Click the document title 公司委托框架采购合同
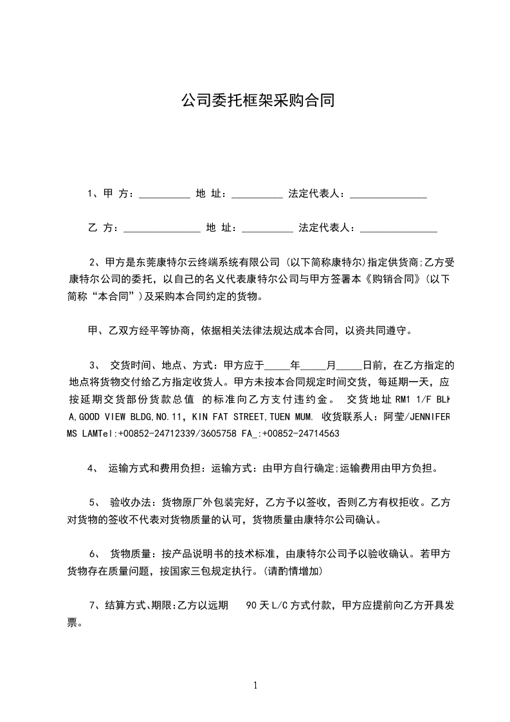point(257,100)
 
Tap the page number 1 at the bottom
point(255,685)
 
